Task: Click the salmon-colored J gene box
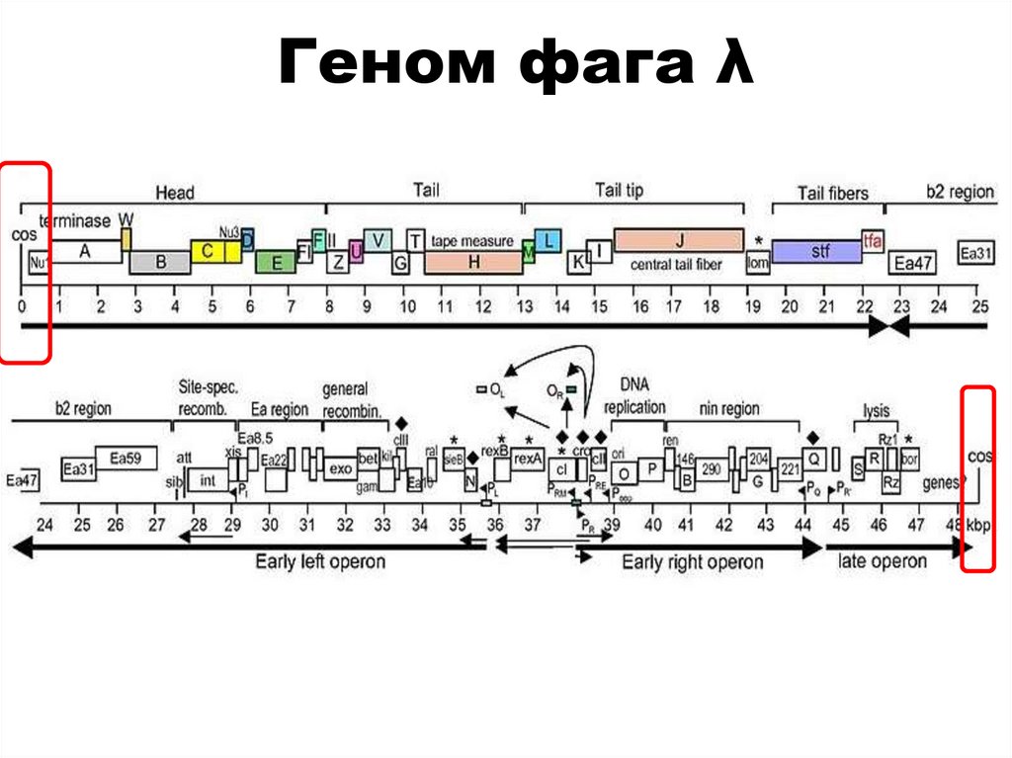coord(678,239)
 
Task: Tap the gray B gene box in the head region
coord(159,263)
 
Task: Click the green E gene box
coord(276,262)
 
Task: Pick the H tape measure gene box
coord(473,262)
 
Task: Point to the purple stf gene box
coord(816,252)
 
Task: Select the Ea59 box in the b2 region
coord(126,458)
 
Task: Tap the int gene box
coord(208,480)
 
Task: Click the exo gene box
coord(340,467)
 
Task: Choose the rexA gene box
coord(528,459)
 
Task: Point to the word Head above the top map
coord(175,193)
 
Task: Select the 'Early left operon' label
coord(320,561)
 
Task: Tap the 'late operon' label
coord(883,560)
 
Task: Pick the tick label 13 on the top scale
coord(524,307)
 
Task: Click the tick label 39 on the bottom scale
coord(612,524)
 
